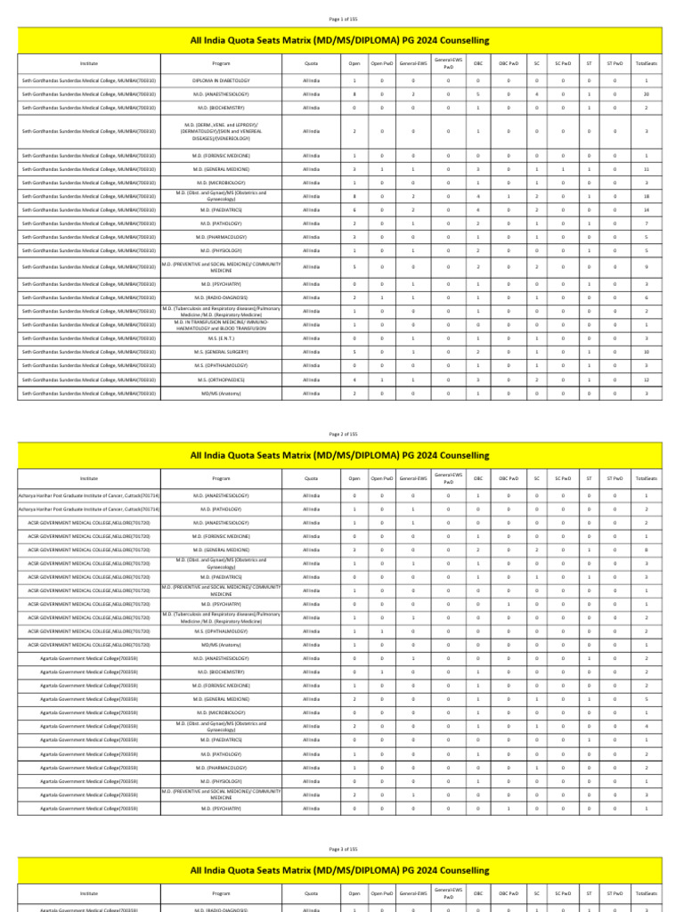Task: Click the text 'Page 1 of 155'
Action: coord(343,19)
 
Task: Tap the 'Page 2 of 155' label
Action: coord(343,434)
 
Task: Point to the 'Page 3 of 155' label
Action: coord(343,849)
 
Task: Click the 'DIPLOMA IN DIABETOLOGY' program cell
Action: coord(221,80)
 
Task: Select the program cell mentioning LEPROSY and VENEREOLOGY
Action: coord(221,131)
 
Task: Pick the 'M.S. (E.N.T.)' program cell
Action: coord(221,338)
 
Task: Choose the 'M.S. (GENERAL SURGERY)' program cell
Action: coord(221,352)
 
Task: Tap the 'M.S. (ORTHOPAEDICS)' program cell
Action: coord(221,379)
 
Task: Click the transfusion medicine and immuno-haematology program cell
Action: coord(221,325)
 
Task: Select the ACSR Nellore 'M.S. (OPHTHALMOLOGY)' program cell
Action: coord(221,631)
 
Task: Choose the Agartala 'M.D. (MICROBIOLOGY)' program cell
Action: coord(221,712)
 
